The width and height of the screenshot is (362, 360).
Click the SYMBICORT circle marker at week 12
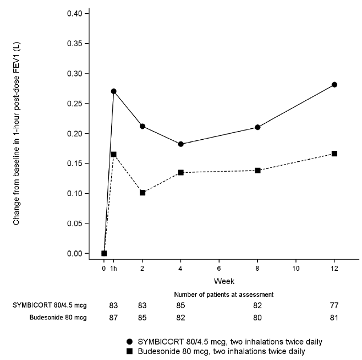pyautogui.click(x=334, y=85)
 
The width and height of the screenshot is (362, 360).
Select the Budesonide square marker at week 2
pyautogui.click(x=142, y=193)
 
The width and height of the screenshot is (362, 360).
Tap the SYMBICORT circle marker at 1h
pyautogui.click(x=114, y=91)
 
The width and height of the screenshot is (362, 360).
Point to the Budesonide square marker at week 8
pyautogui.click(x=257, y=171)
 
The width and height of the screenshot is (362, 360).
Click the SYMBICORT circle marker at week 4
pyautogui.click(x=181, y=144)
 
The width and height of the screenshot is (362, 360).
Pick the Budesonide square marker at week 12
pyautogui.click(x=334, y=154)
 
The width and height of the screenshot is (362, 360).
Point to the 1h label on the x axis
pyautogui.click(x=114, y=268)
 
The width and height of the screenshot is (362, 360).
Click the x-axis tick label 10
pyautogui.click(x=295, y=268)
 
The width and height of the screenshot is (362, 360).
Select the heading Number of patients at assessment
pyautogui.click(x=224, y=294)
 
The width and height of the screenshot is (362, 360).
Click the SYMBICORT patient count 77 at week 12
pyautogui.click(x=334, y=306)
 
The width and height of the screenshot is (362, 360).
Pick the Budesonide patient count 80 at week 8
pyautogui.click(x=257, y=318)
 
